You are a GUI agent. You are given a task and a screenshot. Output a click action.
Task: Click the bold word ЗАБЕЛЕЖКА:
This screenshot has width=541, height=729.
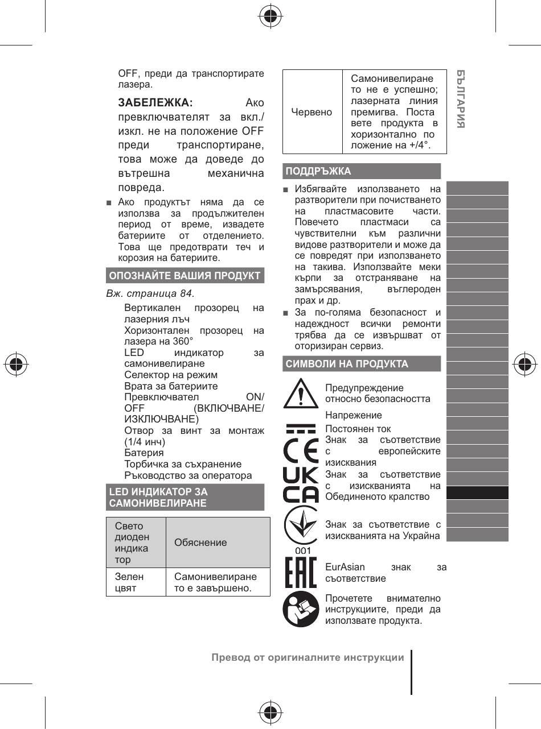coord(155,103)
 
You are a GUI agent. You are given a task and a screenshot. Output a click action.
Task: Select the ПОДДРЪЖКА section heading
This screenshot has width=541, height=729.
coord(318,171)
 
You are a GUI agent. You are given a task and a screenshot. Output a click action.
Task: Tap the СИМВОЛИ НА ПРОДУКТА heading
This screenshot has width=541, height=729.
coord(347,364)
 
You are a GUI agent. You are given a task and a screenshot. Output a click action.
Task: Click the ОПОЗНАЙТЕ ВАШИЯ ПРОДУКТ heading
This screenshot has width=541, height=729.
coord(185,276)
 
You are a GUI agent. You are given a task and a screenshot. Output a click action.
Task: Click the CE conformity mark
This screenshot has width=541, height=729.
coord(301,450)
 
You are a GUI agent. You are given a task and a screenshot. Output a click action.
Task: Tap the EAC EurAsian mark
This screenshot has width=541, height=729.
coord(300,573)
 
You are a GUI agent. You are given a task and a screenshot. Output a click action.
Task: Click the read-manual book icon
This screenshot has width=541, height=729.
coord(301,610)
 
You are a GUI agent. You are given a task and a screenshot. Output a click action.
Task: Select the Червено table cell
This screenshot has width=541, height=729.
coord(312,112)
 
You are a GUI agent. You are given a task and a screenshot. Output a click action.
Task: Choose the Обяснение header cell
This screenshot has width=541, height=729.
coord(200,542)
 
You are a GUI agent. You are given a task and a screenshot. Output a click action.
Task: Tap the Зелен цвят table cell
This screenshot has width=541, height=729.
coord(129,582)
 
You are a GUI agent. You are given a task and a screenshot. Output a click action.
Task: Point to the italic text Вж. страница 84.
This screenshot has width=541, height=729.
coord(150,294)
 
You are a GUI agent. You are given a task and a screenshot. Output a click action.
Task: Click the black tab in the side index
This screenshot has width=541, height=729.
coord(477,492)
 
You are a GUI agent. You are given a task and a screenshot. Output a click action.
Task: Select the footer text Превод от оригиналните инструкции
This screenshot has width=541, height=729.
coord(308,658)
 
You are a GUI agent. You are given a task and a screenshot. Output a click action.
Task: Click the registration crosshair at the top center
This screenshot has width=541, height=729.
coord(270,17)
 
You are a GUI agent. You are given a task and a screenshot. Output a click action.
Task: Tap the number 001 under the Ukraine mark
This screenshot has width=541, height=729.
coord(303,550)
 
